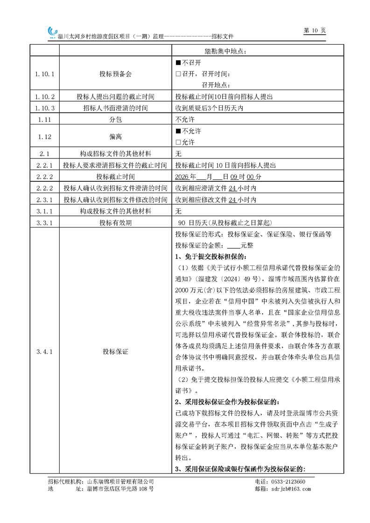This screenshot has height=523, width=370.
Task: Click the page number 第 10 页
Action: click(x=314, y=30)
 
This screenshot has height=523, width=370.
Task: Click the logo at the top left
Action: click(x=52, y=32)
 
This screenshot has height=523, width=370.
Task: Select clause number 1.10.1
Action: click(x=45, y=74)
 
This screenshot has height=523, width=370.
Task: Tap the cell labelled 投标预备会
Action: click(x=115, y=74)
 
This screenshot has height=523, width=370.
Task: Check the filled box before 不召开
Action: click(x=178, y=62)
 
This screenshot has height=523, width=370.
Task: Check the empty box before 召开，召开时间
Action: click(x=178, y=74)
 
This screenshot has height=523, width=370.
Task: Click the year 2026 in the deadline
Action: click(x=182, y=177)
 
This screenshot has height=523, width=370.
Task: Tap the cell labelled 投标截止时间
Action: click(x=115, y=177)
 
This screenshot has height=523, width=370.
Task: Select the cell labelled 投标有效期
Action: click(x=115, y=223)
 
